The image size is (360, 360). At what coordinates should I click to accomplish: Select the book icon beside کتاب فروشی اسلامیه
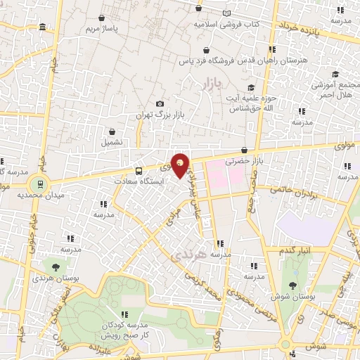(226, 13)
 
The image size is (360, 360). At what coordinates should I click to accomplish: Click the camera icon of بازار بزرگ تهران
(160, 104)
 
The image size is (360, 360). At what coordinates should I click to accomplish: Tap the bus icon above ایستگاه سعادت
(138, 170)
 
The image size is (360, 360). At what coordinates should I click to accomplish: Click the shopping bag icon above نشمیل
(112, 131)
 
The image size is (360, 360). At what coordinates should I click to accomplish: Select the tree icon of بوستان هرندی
(54, 267)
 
